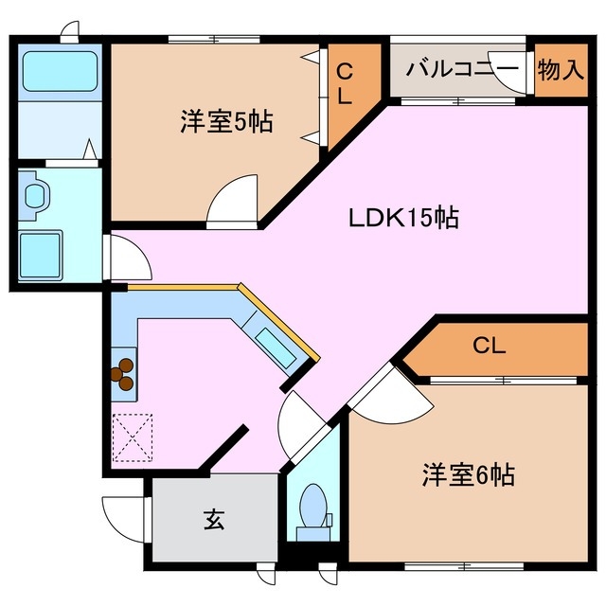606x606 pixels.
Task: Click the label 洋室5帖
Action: (x=227, y=122)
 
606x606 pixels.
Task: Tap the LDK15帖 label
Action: (x=402, y=218)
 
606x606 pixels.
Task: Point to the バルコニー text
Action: (x=462, y=69)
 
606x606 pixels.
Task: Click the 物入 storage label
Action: (x=561, y=69)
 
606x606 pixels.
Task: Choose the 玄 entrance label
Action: (x=214, y=521)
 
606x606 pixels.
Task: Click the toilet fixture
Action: (x=312, y=506)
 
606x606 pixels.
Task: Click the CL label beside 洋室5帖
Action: (x=345, y=83)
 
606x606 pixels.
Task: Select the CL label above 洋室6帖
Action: (x=490, y=346)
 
